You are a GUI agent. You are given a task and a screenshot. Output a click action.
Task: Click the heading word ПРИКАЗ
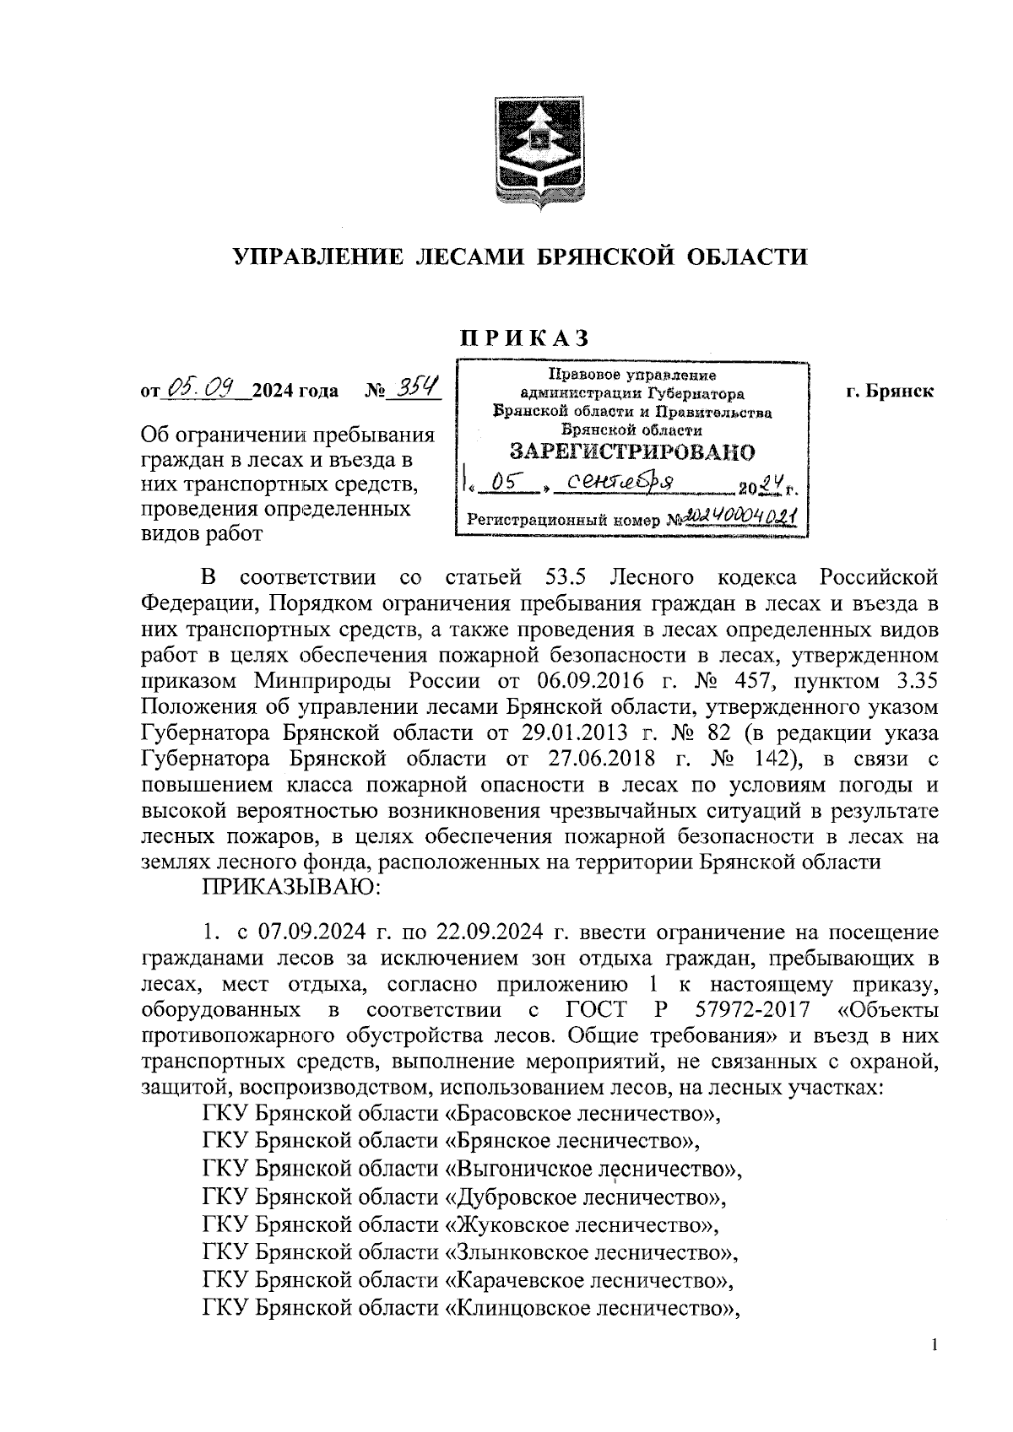pos(523,338)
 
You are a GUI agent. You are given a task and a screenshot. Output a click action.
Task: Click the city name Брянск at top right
pos(897,392)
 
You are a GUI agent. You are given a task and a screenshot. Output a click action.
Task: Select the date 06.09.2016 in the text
pos(588,680)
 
